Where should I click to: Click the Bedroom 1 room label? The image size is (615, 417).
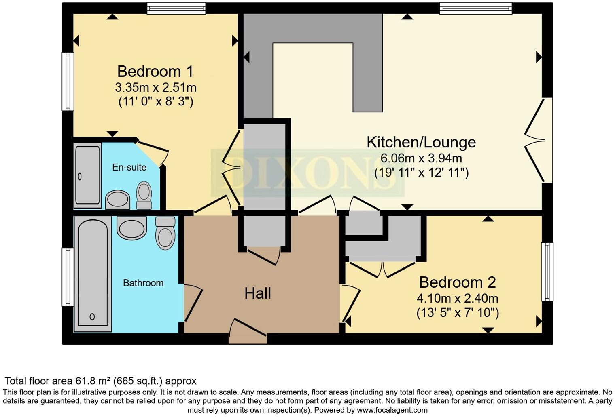coord(155,71)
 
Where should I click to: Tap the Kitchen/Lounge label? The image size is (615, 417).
coord(421,142)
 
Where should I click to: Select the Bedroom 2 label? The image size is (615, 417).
coord(457,282)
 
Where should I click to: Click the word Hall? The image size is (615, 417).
coord(257,293)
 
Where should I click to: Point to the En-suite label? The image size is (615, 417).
coord(129,167)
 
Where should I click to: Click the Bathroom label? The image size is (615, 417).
coord(143,283)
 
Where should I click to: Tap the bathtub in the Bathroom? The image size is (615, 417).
coord(93,274)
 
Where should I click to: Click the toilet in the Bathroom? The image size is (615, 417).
coord(165,233)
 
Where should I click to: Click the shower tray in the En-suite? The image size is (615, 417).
coord(87,175)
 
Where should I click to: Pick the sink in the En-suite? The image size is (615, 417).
coord(118,200)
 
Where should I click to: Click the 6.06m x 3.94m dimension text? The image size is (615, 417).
coord(421,158)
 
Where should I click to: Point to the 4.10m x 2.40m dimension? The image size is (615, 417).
coord(457,298)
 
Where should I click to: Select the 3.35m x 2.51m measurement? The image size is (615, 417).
coord(156,88)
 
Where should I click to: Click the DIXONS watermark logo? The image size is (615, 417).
coord(307,173)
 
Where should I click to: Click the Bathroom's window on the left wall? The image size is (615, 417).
coord(68,277)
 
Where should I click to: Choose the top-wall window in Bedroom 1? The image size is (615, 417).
coord(176,8)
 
